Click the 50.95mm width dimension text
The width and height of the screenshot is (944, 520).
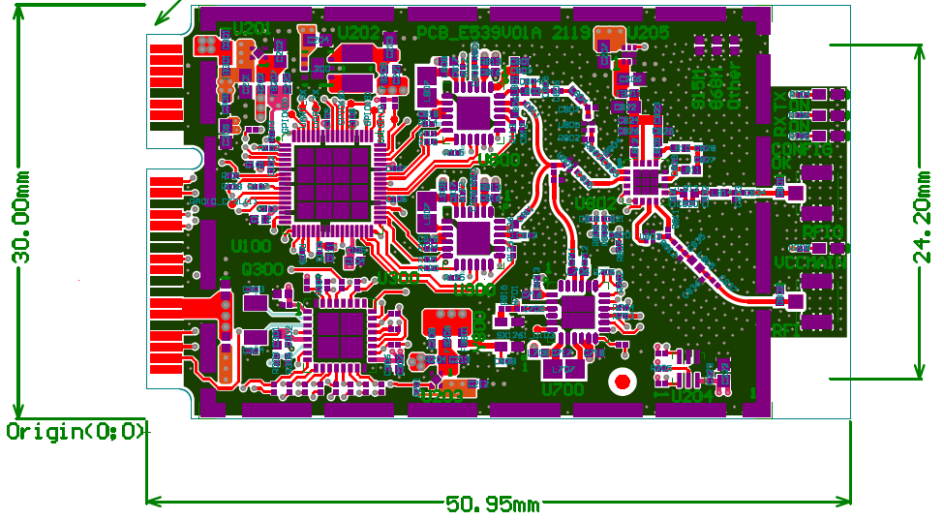pos(493,505)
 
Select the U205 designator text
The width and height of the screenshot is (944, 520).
pos(648,32)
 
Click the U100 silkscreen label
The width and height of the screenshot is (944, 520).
pos(251,247)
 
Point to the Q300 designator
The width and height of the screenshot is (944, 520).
pos(262,268)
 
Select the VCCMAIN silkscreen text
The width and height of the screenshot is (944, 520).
pos(809,262)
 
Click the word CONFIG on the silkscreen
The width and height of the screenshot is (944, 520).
pos(802,151)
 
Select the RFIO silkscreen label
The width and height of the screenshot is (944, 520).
pos(823,231)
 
